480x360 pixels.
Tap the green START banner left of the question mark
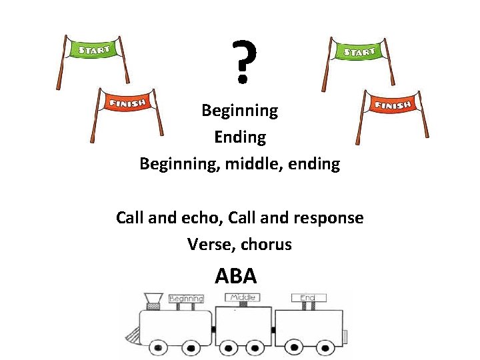pyautogui.click(x=95, y=49)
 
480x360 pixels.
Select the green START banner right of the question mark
pyautogui.click(x=358, y=51)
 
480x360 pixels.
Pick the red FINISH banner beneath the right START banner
pyautogui.click(x=393, y=105)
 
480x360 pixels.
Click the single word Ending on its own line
pyautogui.click(x=240, y=137)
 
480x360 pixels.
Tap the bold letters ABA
pyautogui.click(x=236, y=275)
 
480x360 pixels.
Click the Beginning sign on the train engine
pyautogui.click(x=186, y=299)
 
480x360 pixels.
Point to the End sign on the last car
pyautogui.click(x=308, y=297)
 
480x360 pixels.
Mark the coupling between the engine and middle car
pyautogui.click(x=214, y=329)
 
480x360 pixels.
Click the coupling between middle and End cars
pyautogui.click(x=275, y=329)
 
